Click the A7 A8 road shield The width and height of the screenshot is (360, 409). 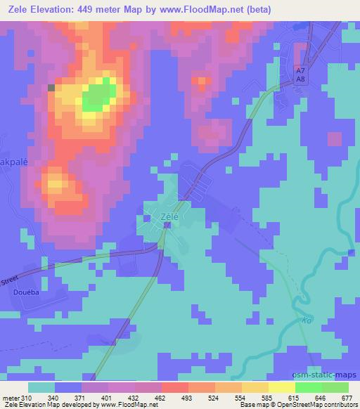tap(300, 75)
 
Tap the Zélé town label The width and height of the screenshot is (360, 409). tap(169, 217)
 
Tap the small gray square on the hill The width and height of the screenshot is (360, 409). tap(51, 87)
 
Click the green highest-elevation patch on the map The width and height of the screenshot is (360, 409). tap(99, 96)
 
